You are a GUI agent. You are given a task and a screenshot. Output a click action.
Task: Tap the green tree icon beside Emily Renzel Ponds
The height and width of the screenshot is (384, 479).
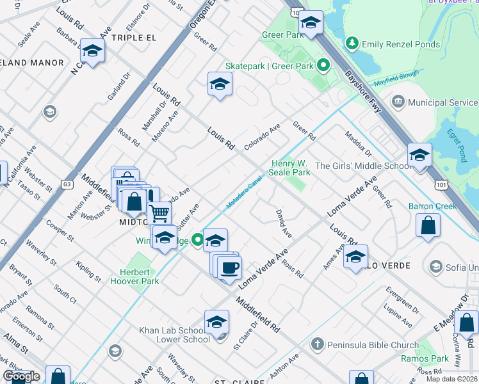click(x=351, y=44)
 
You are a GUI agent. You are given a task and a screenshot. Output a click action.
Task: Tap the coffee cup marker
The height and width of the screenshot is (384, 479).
click(x=229, y=267)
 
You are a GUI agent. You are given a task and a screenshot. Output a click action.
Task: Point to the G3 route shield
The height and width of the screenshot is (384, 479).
click(x=67, y=184)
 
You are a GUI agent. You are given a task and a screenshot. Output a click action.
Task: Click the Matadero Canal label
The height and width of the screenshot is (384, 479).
click(x=244, y=193)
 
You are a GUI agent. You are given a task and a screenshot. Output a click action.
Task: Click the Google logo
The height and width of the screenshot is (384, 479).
click(x=21, y=376)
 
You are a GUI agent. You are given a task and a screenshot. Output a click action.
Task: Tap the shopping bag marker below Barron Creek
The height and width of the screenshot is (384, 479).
click(x=428, y=225)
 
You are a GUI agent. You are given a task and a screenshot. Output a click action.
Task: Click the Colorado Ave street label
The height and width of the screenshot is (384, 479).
click(x=261, y=137)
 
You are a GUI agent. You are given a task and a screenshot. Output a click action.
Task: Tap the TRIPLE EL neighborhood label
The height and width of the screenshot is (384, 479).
click(x=134, y=38)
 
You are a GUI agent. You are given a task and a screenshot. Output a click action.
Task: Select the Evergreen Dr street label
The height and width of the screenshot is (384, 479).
click(x=402, y=299)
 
